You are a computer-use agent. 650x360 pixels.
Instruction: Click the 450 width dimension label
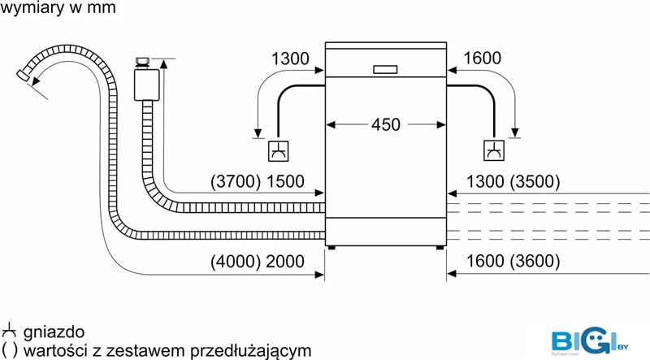[x=385, y=124]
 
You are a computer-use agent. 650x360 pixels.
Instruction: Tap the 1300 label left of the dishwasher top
[x=290, y=59]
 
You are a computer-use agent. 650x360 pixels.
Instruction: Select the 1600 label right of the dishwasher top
[x=482, y=58]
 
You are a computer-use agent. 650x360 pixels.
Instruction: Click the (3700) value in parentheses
[x=236, y=182]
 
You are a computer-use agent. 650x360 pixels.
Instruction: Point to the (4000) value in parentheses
[x=236, y=262]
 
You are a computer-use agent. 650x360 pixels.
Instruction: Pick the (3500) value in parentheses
[x=535, y=182]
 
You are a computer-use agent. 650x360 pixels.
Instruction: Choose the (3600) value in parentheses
[x=535, y=261]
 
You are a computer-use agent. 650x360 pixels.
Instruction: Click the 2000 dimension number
[x=285, y=262]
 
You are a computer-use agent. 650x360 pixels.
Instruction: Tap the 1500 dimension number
[x=285, y=182]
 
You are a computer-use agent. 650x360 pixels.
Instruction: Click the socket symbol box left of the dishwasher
[x=278, y=151]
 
